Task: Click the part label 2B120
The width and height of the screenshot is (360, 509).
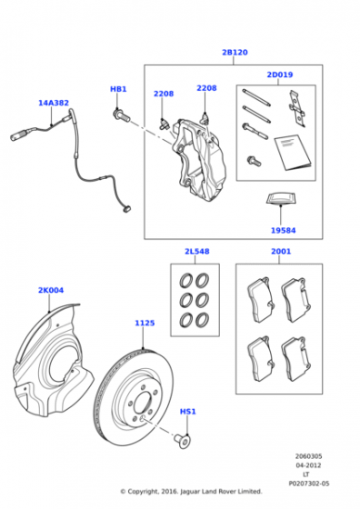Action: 235,53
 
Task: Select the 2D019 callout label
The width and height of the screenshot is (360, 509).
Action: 280,75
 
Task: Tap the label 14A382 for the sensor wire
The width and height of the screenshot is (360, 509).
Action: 54,103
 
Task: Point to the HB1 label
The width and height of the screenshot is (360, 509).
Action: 118,89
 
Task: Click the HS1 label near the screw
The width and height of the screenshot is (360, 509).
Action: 188,412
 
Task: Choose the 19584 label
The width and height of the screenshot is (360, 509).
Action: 283,231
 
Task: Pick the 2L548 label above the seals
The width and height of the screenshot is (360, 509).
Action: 197,251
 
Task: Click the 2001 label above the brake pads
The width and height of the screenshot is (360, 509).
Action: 281,251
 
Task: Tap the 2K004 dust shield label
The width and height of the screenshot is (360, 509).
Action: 51,290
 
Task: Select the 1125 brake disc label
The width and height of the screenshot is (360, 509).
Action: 145,323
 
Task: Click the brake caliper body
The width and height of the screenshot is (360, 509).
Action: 199,159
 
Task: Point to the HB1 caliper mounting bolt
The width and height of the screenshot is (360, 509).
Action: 122,115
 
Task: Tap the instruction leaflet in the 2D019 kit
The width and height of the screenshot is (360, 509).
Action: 293,152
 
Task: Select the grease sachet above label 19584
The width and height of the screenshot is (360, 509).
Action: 281,199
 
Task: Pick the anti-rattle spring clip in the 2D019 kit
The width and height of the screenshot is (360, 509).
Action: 297,109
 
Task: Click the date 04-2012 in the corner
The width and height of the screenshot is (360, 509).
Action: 308,465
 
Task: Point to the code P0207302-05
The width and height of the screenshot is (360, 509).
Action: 309,484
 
